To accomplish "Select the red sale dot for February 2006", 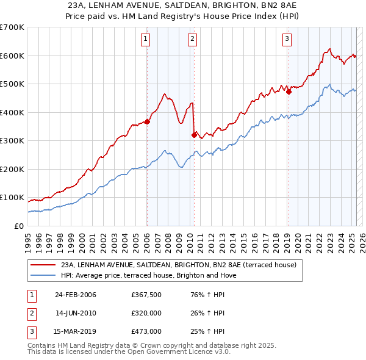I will click(x=147, y=121).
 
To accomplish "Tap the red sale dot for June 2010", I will click(x=194, y=135).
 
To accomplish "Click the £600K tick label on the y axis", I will click(x=12, y=56).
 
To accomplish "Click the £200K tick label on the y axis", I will click(x=12, y=169).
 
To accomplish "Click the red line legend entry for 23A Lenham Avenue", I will click(x=179, y=265).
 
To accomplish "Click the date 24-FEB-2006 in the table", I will click(x=76, y=295).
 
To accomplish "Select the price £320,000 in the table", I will click(x=146, y=313).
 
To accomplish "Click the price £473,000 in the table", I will click(x=146, y=331).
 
